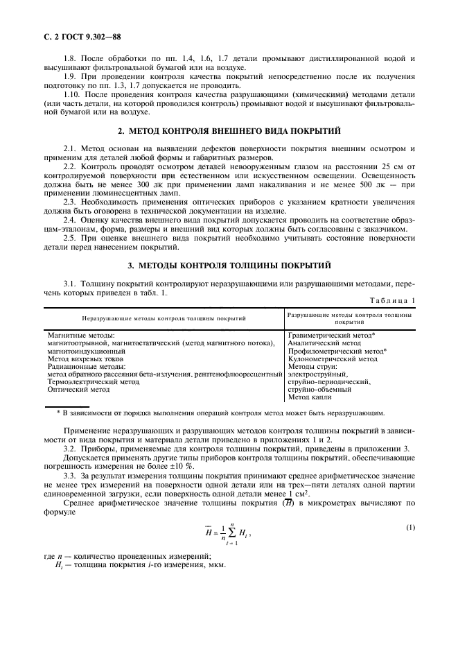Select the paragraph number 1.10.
70,94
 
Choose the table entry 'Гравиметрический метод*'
331,334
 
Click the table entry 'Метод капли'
310,397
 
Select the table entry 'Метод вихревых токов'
82,359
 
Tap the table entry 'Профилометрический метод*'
337,351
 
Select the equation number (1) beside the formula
410,527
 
